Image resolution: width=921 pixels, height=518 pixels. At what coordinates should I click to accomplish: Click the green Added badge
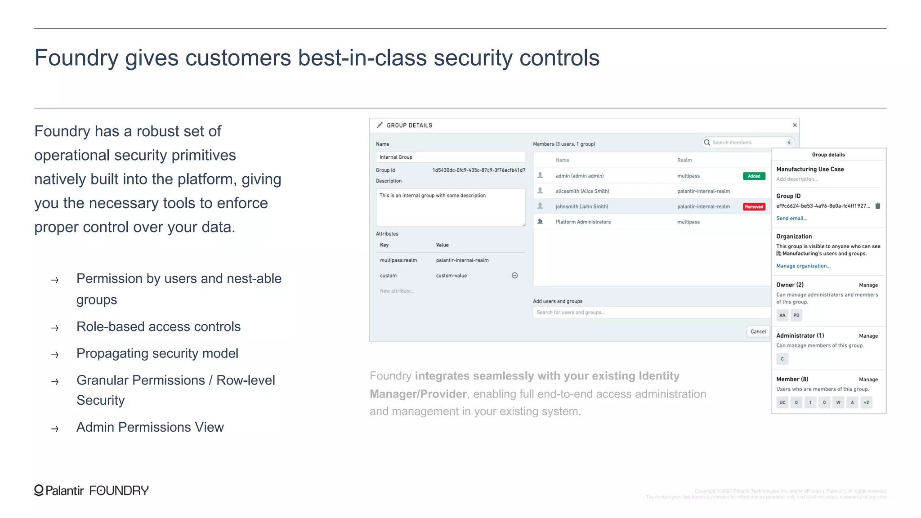[x=754, y=176]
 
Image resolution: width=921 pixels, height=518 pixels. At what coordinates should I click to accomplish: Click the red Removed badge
[x=754, y=207]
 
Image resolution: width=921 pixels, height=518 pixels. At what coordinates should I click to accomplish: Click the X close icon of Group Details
[x=795, y=125]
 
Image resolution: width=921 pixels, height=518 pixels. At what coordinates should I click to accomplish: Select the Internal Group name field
[x=450, y=157]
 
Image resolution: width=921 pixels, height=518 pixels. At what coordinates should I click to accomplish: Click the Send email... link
[x=791, y=219]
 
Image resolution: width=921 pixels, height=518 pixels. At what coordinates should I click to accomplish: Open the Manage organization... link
[x=803, y=266]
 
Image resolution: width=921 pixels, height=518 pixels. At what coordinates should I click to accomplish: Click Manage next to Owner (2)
[x=868, y=285]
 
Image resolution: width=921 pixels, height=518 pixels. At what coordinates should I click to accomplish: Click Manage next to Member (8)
[x=868, y=380]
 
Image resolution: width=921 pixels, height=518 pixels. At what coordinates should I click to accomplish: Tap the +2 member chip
[x=866, y=402]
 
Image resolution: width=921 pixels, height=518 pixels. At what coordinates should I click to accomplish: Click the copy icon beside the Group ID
[x=877, y=206]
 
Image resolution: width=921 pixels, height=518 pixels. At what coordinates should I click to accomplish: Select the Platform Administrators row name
[x=583, y=222]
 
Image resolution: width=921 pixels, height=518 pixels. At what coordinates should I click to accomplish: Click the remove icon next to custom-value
[x=514, y=276]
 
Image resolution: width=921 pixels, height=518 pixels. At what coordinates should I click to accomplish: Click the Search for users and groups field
[x=651, y=313]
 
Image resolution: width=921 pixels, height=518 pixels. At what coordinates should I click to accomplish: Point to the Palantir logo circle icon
[x=39, y=490]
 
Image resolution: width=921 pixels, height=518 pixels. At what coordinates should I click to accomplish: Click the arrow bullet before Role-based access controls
[x=55, y=328]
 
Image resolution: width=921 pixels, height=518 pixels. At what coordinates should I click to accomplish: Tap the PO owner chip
[x=796, y=315]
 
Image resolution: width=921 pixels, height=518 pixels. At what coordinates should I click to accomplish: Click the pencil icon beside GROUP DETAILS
[x=380, y=125]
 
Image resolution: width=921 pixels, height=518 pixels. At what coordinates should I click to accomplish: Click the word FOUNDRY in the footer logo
[x=119, y=491]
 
